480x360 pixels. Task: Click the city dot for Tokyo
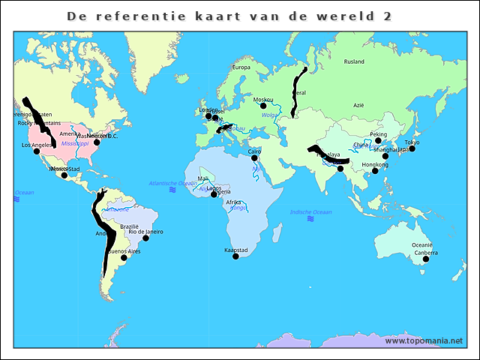click(x=412, y=148)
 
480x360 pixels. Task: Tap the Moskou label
click(x=263, y=100)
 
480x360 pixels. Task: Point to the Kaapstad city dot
click(x=235, y=256)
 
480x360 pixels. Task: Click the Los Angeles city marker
click(x=37, y=151)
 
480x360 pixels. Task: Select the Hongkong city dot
click(x=375, y=171)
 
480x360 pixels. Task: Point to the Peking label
click(x=379, y=135)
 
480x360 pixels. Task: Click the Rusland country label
click(x=353, y=61)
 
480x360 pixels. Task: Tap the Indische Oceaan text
click(x=311, y=212)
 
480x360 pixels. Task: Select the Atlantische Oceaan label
click(x=173, y=183)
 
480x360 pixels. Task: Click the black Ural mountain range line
click(x=298, y=90)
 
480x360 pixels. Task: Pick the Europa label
click(x=241, y=67)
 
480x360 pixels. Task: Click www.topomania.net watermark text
click(x=424, y=340)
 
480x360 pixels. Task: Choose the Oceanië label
click(x=421, y=244)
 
